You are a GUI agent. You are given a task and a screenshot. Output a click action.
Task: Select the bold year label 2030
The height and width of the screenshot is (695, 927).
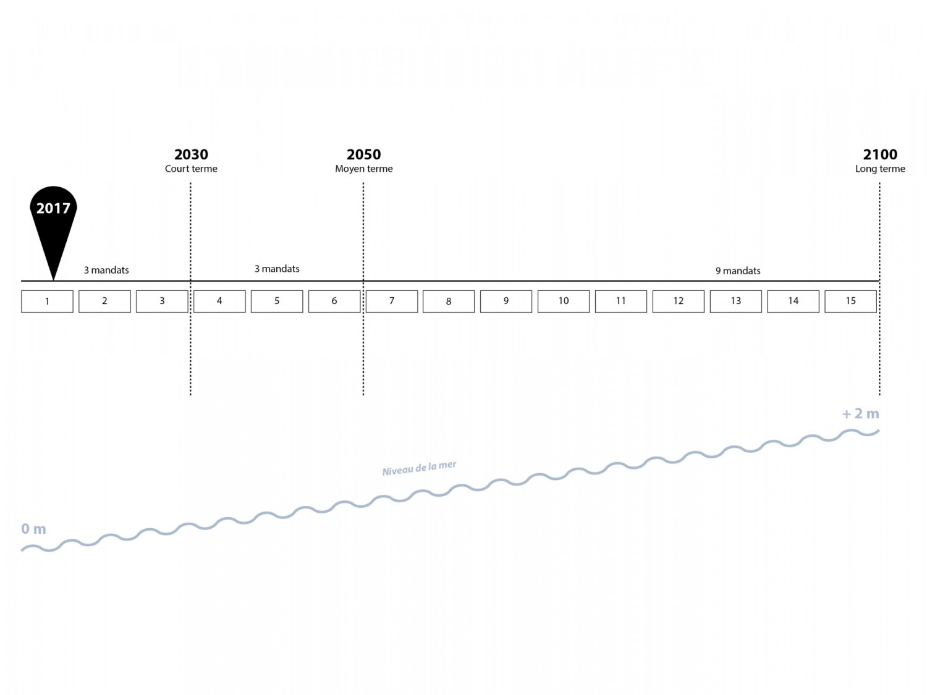(191, 154)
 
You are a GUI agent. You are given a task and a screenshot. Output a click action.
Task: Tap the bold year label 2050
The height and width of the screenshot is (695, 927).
(363, 154)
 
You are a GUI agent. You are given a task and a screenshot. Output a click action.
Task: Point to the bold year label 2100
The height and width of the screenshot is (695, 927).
(880, 154)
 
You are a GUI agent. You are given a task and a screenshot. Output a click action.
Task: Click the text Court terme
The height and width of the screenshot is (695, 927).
(191, 169)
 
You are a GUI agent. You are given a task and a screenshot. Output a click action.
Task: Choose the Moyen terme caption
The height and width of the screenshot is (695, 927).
(363, 169)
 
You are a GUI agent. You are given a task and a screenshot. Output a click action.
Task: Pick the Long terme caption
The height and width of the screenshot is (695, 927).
(880, 169)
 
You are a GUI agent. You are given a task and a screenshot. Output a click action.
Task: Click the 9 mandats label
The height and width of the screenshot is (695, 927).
(738, 271)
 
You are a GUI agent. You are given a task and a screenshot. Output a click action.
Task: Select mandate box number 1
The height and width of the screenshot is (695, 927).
(48, 301)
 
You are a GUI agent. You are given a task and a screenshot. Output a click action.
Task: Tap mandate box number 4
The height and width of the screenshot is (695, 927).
(219, 301)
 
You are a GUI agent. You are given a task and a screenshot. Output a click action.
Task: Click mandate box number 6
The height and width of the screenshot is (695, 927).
(334, 301)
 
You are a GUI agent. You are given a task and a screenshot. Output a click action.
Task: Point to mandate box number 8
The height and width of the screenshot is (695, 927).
(449, 301)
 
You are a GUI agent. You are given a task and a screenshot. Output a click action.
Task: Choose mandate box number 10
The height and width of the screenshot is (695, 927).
(564, 301)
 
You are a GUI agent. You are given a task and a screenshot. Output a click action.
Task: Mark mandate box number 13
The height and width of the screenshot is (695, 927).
(735, 301)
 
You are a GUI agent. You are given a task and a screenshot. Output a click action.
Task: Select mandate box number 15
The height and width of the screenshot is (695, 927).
(850, 301)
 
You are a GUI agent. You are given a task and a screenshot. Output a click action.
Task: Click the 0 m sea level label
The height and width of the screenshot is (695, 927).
(33, 529)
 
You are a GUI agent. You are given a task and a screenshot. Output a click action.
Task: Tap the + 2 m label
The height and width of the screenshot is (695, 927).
(861, 413)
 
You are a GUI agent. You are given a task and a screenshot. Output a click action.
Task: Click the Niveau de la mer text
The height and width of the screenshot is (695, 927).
(420, 468)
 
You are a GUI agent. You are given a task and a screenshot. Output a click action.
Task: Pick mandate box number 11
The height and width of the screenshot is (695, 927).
(621, 301)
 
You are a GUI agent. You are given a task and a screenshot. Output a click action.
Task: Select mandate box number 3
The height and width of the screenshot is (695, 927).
(162, 301)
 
